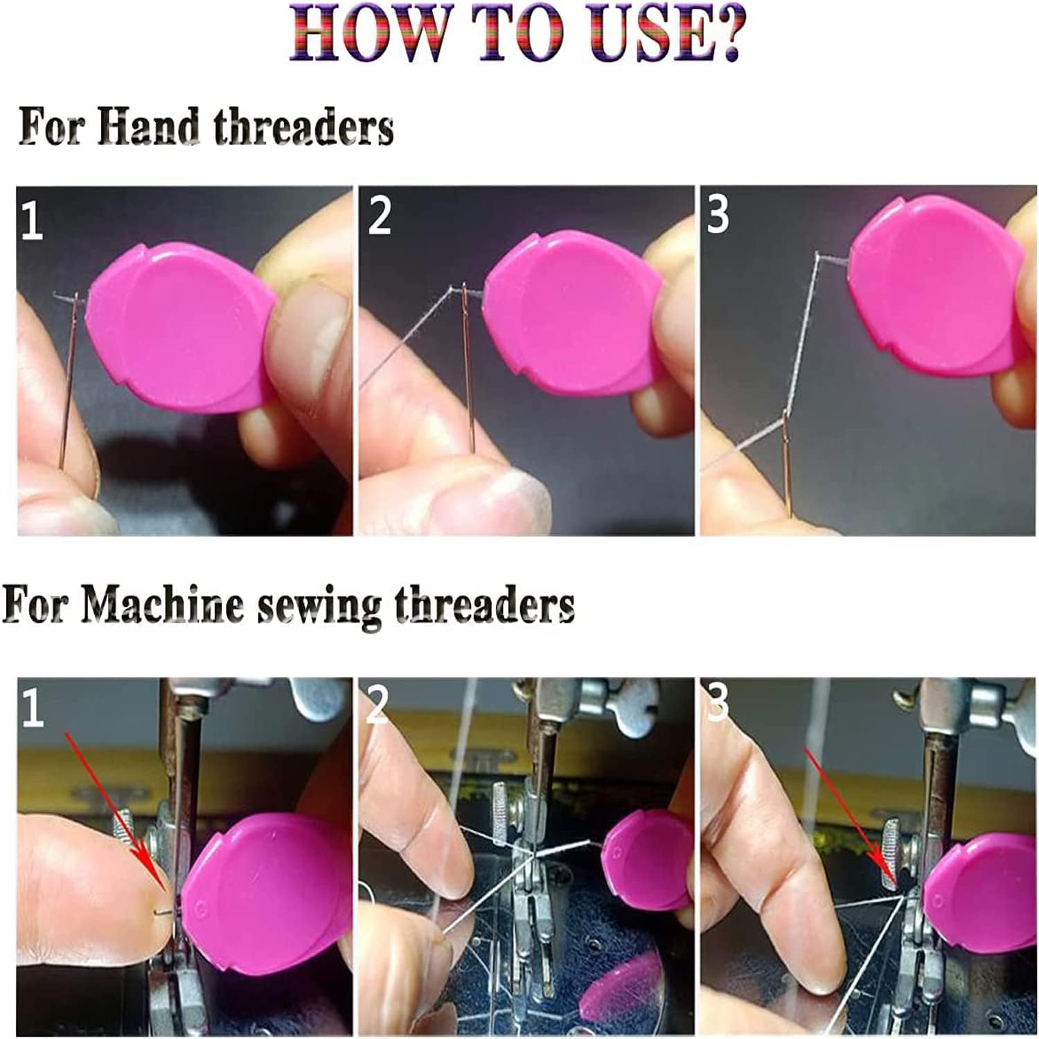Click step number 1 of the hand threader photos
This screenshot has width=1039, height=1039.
pyautogui.click(x=32, y=220)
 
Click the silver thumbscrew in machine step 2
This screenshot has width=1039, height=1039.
pyautogui.click(x=504, y=817)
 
